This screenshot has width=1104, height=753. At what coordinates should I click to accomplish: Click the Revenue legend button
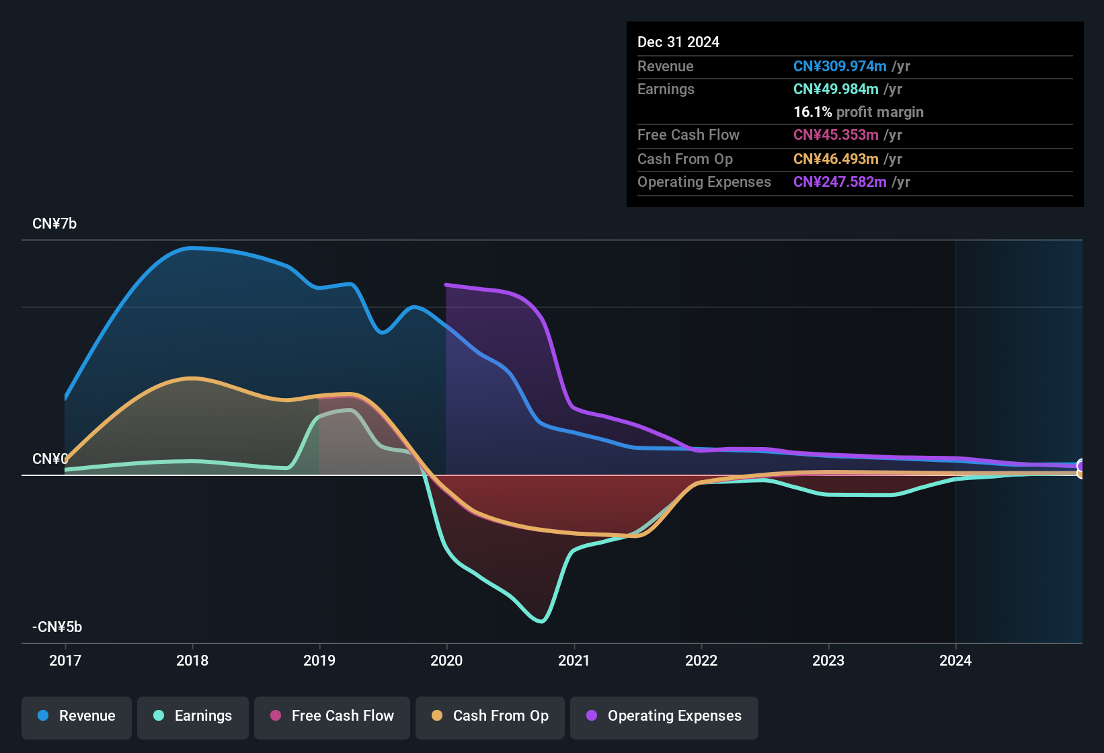click(x=77, y=716)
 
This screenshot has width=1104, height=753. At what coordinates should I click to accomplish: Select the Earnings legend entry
click(x=193, y=716)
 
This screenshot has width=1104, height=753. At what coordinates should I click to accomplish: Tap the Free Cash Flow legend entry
click(x=332, y=716)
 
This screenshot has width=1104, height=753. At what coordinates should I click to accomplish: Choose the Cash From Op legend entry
click(x=490, y=716)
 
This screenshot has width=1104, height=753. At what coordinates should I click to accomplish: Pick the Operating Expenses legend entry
click(x=664, y=716)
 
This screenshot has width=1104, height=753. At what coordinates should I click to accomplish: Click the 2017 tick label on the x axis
click(x=65, y=660)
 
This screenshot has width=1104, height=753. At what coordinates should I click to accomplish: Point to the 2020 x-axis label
click(x=446, y=660)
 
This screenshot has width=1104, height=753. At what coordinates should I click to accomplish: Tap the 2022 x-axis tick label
click(x=701, y=660)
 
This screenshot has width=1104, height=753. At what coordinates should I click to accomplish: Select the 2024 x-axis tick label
click(x=955, y=660)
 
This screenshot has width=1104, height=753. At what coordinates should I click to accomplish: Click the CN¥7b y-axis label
click(x=54, y=224)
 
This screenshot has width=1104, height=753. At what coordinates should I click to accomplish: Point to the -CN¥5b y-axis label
click(x=57, y=627)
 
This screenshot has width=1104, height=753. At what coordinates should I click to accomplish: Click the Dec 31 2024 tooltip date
click(x=678, y=42)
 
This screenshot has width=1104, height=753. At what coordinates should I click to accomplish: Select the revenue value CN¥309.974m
click(x=840, y=67)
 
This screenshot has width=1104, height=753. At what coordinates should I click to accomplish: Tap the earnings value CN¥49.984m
click(x=836, y=89)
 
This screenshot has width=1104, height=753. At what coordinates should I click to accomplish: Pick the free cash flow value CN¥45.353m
click(x=836, y=135)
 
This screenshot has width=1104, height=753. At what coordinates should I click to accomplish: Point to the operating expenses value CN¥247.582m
click(x=840, y=182)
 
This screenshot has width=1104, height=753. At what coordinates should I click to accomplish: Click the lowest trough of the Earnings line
click(x=541, y=621)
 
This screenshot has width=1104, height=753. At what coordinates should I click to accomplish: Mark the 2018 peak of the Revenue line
click(x=192, y=248)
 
